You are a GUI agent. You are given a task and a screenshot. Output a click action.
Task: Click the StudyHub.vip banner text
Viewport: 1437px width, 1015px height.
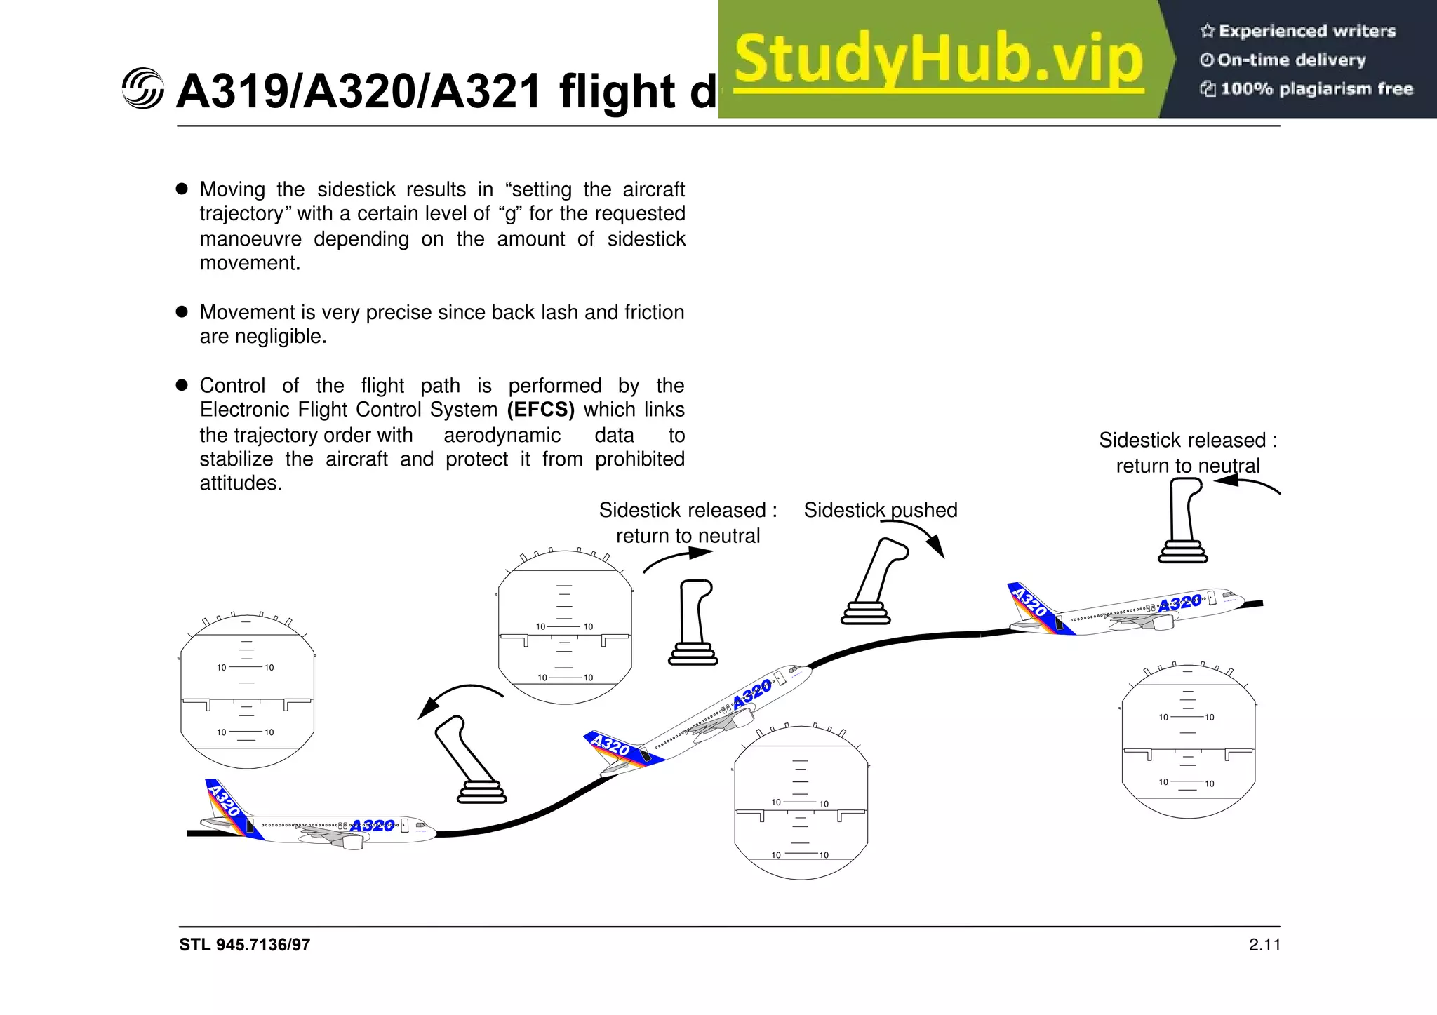pos(939,60)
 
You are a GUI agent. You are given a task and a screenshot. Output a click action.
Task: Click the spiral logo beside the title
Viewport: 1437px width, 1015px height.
pos(142,89)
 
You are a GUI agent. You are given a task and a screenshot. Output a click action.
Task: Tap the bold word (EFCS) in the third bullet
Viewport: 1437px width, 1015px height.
pos(540,410)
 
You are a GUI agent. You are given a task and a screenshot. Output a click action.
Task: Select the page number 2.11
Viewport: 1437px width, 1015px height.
pos(1264,945)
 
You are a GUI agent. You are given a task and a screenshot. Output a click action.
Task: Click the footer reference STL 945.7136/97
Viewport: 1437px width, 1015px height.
pos(244,945)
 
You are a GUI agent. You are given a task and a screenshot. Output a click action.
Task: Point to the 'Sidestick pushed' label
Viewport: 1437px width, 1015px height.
pos(880,510)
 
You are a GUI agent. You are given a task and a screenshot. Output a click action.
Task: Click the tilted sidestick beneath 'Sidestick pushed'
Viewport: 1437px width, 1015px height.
pos(874,582)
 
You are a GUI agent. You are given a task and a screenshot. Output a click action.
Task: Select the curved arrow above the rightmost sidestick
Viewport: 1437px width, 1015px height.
pos(1247,483)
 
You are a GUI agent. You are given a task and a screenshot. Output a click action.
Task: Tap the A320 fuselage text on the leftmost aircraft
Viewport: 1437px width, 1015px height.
pos(372,826)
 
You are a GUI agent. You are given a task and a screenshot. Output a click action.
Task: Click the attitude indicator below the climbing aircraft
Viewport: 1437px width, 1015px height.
pos(801,803)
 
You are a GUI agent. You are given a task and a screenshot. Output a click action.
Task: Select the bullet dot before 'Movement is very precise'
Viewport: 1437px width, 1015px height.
pos(182,311)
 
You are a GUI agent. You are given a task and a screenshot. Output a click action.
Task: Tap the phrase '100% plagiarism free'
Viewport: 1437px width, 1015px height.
pos(1316,89)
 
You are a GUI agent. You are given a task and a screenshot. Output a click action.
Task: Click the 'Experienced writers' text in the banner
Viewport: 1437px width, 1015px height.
pos(1306,31)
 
